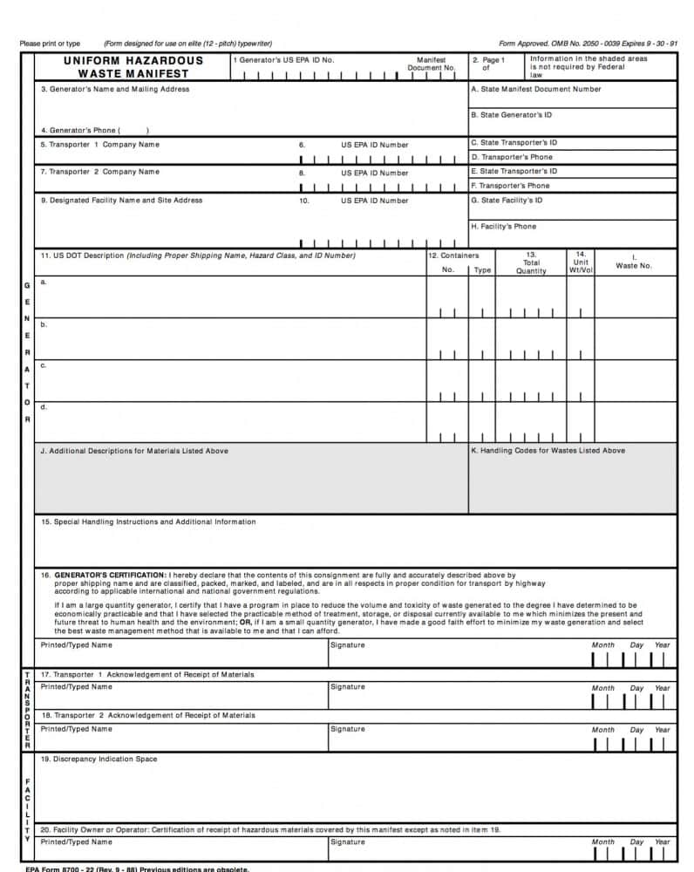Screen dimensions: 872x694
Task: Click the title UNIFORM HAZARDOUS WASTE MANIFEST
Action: click(x=133, y=67)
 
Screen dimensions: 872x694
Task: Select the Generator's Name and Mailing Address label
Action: click(x=114, y=89)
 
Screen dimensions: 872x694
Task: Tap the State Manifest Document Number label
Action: click(x=535, y=89)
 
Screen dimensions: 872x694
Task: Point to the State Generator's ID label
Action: click(x=511, y=115)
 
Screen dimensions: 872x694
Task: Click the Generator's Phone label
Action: click(x=80, y=130)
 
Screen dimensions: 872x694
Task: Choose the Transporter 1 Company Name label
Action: click(x=99, y=145)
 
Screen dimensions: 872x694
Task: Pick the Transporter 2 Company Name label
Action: click(x=99, y=172)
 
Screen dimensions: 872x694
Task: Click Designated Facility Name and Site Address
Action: click(x=121, y=201)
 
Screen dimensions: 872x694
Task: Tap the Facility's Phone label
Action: click(x=503, y=227)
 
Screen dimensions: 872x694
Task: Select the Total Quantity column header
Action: click(x=531, y=262)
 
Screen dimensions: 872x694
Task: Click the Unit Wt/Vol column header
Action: click(x=581, y=262)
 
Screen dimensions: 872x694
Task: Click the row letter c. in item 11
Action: click(x=44, y=365)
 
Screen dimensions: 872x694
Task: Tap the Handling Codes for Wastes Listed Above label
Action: click(x=548, y=451)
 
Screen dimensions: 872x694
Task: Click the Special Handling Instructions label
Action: click(x=148, y=522)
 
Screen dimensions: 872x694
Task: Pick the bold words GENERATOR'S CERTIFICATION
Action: click(x=110, y=576)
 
